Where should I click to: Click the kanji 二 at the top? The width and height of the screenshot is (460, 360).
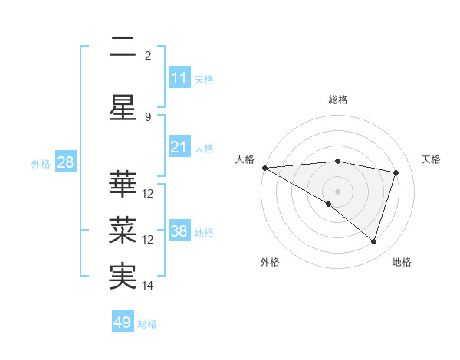[x=123, y=47]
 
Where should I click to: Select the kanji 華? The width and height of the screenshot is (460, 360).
[x=123, y=184]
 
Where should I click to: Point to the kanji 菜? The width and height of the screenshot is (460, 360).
[x=123, y=230]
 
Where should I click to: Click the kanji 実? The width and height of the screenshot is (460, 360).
[x=123, y=276]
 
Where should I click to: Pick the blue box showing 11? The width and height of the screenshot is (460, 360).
[x=179, y=78]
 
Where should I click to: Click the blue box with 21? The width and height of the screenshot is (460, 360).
[x=179, y=147]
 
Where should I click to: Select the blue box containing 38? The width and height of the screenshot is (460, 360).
[x=179, y=231]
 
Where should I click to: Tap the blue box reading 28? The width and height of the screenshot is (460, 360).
[x=64, y=162]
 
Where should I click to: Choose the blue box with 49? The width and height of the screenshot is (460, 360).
[x=123, y=322]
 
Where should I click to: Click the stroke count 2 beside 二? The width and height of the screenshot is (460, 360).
[x=148, y=55]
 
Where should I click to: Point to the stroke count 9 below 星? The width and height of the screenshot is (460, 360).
[x=148, y=117]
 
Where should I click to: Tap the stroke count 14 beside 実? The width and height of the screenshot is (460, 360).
[x=148, y=286]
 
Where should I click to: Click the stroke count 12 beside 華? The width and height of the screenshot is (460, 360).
[x=148, y=194]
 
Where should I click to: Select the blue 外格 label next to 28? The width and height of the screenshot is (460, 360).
[x=41, y=163]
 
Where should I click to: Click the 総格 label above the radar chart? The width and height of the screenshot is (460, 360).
[x=338, y=100]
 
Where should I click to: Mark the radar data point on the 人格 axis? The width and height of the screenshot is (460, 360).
[x=264, y=168]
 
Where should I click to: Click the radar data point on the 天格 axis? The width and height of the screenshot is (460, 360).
[x=396, y=172]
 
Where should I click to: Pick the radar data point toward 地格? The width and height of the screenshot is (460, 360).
[x=373, y=241]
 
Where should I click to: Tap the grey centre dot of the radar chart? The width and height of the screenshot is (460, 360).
[x=337, y=190]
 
